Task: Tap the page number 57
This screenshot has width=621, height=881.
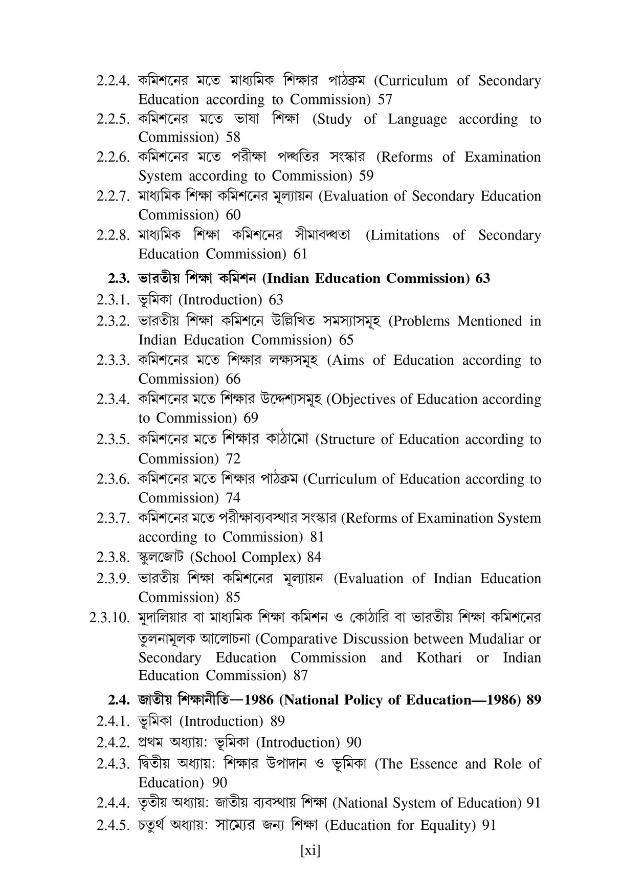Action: (x=385, y=99)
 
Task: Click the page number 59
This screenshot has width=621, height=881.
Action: (x=366, y=176)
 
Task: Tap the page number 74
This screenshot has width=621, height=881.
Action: (x=233, y=498)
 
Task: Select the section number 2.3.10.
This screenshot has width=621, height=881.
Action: (x=108, y=618)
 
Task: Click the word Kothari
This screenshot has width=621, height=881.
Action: (x=439, y=658)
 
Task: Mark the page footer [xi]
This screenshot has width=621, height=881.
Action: (x=310, y=850)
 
